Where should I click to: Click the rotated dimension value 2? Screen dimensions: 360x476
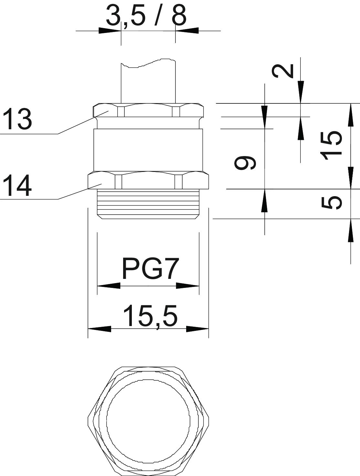click(x=283, y=71)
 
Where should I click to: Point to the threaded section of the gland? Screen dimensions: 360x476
click(x=148, y=204)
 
